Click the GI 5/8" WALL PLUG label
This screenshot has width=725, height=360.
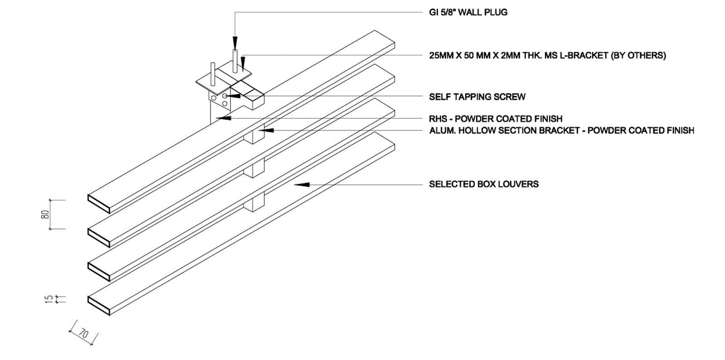468,13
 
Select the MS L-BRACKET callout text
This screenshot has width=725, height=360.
547,56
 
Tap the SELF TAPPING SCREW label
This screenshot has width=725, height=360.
477,97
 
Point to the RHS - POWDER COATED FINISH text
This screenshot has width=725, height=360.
496,119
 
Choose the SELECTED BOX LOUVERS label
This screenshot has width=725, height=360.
483,184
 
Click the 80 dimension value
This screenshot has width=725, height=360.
45,214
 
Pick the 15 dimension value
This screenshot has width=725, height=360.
48,299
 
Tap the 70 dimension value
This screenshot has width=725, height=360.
83,333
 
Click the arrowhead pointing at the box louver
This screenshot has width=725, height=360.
302,185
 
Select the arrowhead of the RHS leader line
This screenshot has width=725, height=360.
223,118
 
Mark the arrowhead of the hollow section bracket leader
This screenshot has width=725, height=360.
266,131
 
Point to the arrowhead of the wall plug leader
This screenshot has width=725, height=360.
235,44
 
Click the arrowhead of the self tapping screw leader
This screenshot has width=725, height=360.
233,96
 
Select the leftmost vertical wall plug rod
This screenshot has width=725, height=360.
213,74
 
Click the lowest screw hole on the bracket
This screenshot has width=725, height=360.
225,103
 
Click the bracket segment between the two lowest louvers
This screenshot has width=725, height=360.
254,202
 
